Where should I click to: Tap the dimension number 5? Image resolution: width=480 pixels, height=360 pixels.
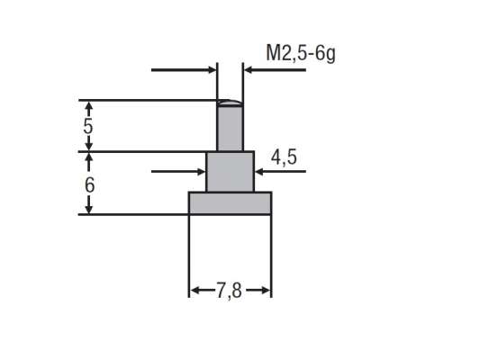point(87,126)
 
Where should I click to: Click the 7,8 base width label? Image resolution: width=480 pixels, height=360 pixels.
point(230,291)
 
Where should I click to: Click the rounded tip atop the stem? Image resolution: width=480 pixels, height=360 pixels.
point(230,103)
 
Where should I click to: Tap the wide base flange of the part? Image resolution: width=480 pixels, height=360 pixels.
point(230,202)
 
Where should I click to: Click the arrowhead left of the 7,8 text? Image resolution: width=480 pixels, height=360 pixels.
point(195,291)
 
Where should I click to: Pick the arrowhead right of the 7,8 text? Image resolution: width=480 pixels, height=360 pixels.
point(265,291)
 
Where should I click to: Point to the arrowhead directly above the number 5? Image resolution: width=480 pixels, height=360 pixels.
point(88,106)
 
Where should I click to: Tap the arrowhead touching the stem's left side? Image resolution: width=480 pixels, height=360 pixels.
point(213,69)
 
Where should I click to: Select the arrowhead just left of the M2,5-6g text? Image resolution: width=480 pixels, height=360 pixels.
point(247,69)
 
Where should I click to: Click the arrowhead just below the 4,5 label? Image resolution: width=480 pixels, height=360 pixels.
point(258,169)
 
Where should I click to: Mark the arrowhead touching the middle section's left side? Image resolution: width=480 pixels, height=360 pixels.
point(201,169)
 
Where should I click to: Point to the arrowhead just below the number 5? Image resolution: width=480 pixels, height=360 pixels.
point(88,145)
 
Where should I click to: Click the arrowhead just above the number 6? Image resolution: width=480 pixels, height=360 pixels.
point(88,158)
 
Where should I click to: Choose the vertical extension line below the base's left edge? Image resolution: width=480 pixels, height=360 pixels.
point(188,256)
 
